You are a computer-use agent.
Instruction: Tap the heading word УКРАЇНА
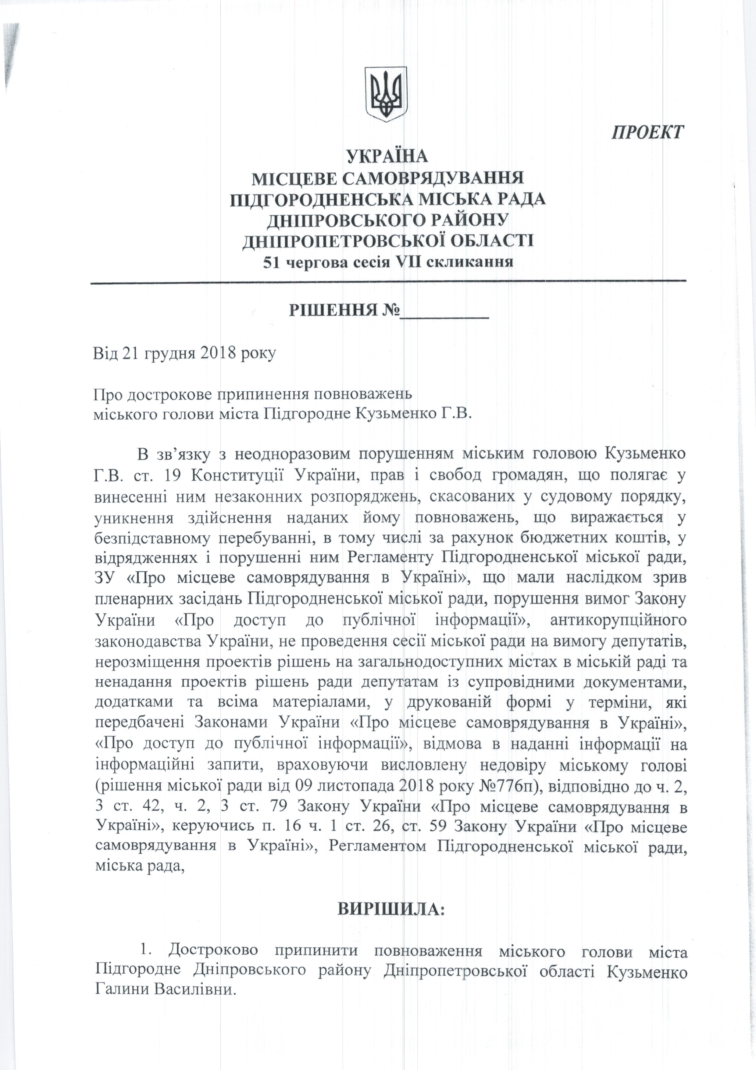[387, 156]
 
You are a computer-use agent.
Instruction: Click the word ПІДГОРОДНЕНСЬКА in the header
[321, 199]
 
